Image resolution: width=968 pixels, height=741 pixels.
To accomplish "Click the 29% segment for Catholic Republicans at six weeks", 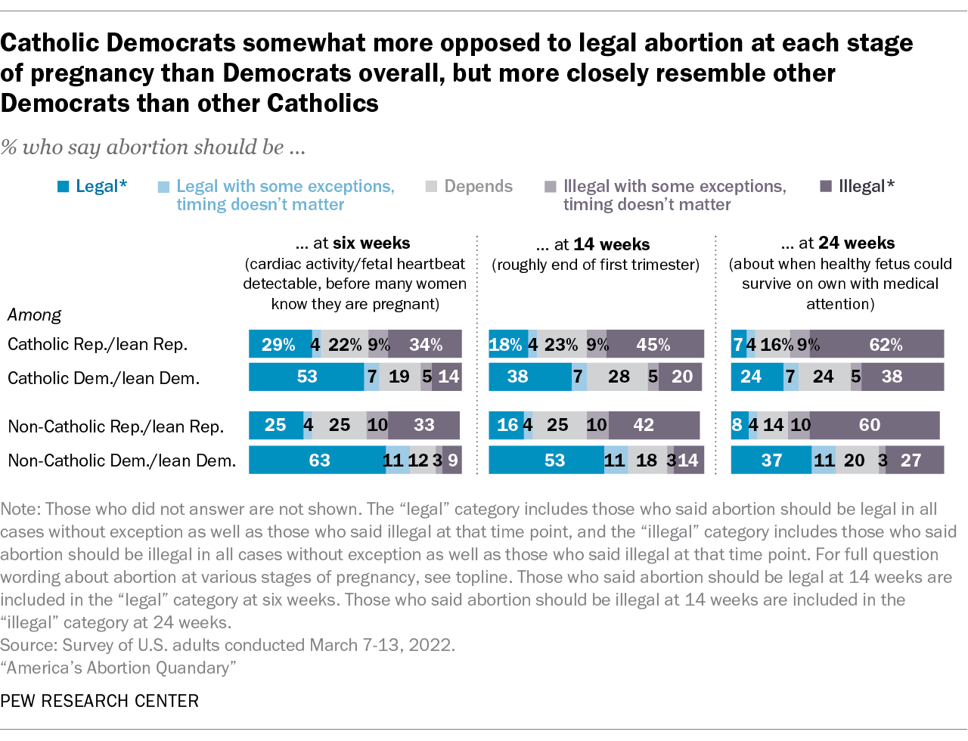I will coord(279,344).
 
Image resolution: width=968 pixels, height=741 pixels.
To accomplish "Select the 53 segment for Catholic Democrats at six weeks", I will coord(306,377).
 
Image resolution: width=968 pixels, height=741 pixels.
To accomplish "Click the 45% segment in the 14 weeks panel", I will coord(654,344).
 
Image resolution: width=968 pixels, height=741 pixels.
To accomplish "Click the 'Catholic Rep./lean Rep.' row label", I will coord(98,344).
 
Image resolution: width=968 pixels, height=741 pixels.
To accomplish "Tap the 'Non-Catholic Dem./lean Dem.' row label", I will coord(122,460).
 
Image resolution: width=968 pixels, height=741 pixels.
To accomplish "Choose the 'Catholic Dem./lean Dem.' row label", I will coord(104,377).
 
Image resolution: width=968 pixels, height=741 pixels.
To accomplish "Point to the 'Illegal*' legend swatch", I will coord(826,187).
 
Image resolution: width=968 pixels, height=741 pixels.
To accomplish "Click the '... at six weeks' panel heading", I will coord(354,243).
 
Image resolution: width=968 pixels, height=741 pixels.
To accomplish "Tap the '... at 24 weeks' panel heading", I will coord(839,243).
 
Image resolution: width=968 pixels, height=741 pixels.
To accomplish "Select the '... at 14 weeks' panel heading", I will coord(594,244).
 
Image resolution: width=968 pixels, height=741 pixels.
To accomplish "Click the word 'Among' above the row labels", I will coord(34,315).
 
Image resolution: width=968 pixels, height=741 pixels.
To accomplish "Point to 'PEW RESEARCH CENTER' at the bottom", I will coord(100,701).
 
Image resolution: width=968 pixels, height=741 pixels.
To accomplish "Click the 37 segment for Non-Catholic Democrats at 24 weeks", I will coord(771,460).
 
